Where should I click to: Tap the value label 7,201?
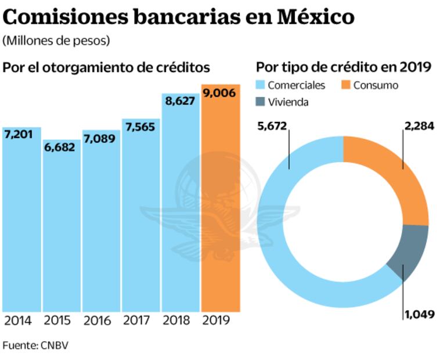click(19, 135)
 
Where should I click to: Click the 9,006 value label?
click(220, 92)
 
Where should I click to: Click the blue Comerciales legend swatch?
click(262, 85)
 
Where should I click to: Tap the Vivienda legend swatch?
click(262, 102)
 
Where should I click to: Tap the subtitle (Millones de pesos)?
click(56, 41)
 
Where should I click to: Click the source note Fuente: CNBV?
click(36, 345)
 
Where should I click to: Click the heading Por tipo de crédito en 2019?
click(343, 67)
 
